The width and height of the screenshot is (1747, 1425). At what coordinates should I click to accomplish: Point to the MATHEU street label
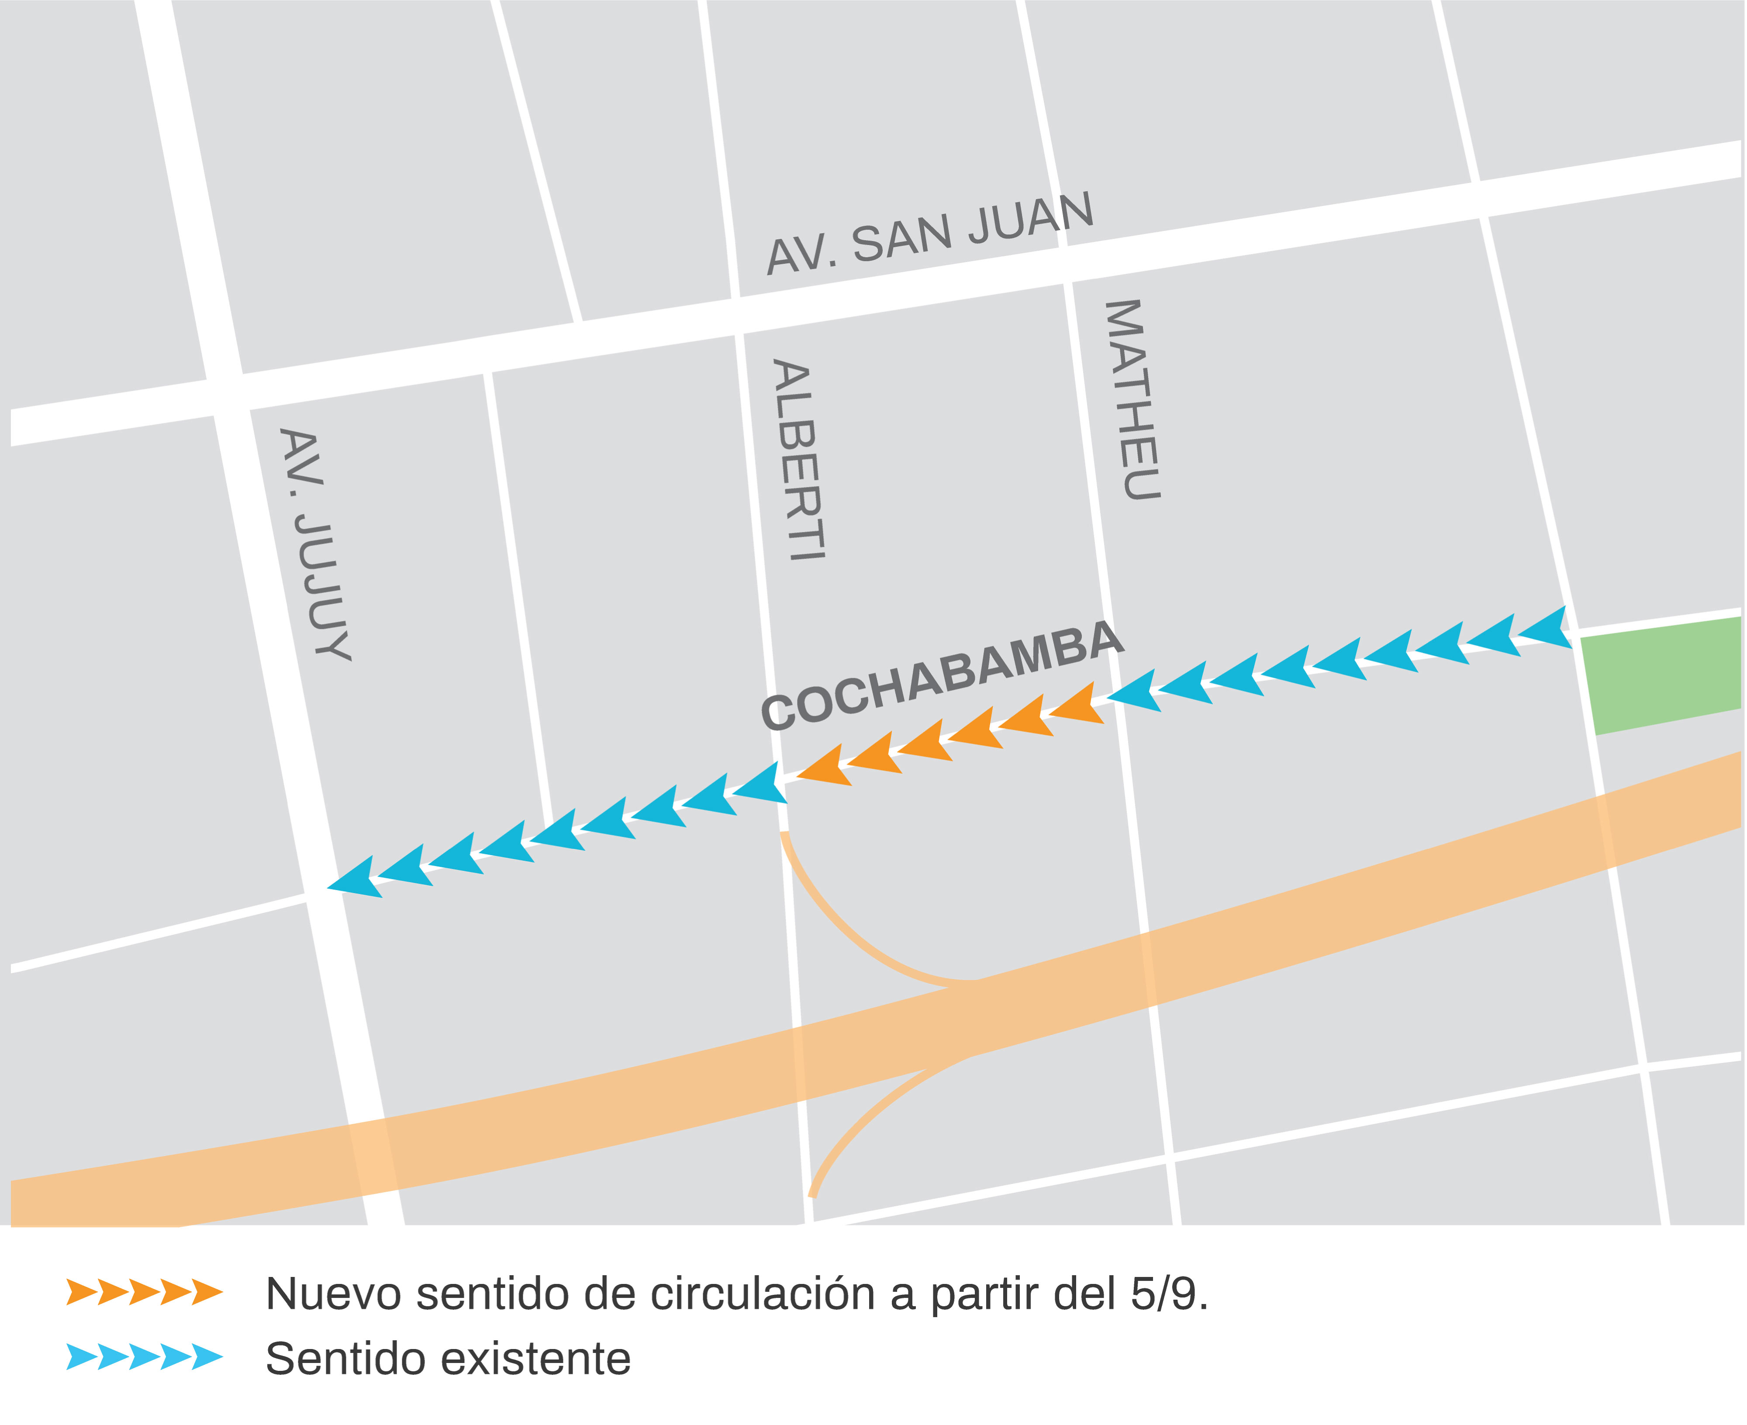tap(1133, 400)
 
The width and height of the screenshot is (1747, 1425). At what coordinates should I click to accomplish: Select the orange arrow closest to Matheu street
tap(1077, 704)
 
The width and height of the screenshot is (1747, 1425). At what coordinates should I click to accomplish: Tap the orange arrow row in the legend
tap(145, 1291)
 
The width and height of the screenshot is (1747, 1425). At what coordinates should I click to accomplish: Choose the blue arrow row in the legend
tap(145, 1357)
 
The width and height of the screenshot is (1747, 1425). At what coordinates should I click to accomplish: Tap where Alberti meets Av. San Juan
tap(735, 316)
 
